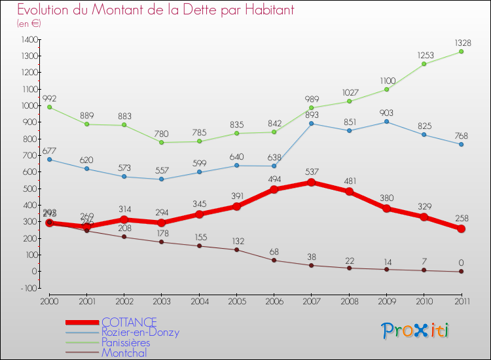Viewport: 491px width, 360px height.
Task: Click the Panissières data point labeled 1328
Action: click(461, 52)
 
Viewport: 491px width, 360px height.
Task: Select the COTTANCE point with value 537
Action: click(312, 183)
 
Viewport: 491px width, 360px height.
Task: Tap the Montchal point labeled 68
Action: click(274, 261)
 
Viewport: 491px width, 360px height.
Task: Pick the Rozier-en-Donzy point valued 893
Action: click(312, 124)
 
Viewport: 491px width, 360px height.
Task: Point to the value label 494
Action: click(274, 180)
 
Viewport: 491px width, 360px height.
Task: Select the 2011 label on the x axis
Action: click(461, 300)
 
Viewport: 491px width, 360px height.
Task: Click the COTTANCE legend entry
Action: click(129, 322)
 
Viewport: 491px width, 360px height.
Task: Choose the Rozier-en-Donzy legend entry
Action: click(140, 333)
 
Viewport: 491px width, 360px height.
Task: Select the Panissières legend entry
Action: click(126, 342)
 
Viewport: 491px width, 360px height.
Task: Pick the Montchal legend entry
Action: click(124, 353)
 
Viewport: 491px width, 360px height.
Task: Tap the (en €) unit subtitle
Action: click(29, 24)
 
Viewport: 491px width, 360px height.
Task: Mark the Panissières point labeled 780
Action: click(162, 143)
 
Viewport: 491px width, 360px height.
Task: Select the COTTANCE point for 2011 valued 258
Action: click(461, 229)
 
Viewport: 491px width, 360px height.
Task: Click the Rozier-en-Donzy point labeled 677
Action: click(49, 159)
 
